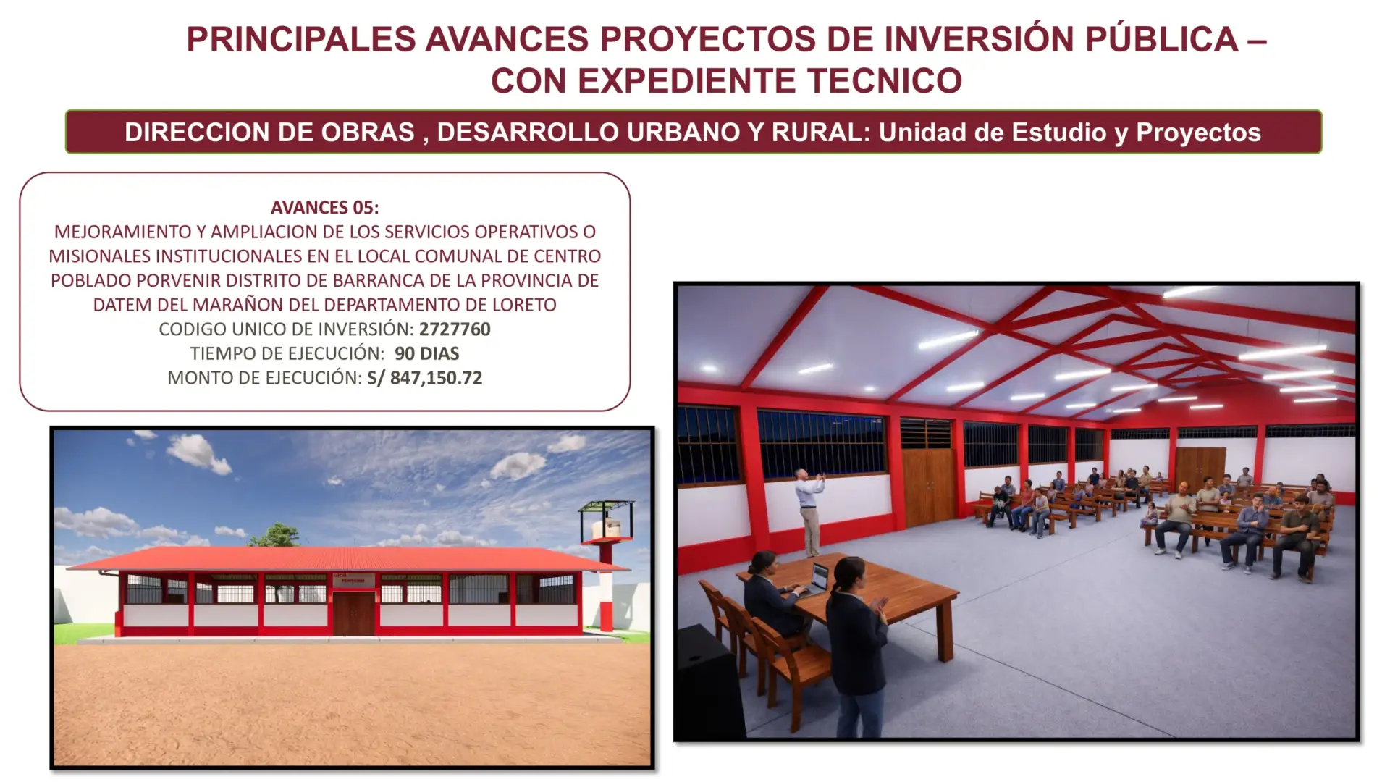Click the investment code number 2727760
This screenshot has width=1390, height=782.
click(x=455, y=329)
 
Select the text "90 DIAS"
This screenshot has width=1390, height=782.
click(x=427, y=353)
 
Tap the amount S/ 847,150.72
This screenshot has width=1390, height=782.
click(x=425, y=378)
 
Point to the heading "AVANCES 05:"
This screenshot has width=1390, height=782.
click(x=325, y=208)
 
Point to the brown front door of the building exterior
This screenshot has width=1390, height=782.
click(x=354, y=613)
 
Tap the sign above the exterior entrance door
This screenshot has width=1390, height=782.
click(x=354, y=580)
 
